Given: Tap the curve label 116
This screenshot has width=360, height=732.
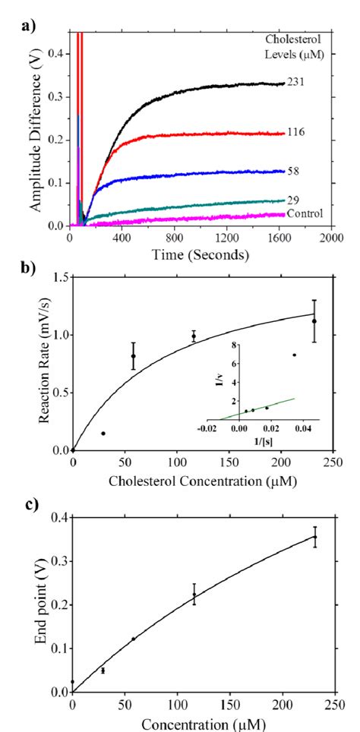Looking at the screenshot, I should pos(296,133).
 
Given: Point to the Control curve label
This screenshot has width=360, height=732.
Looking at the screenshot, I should pos(305,214).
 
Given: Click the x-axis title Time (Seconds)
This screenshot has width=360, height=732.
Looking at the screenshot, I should pos(199,255).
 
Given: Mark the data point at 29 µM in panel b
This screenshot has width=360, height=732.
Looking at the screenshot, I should pos(103,433).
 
